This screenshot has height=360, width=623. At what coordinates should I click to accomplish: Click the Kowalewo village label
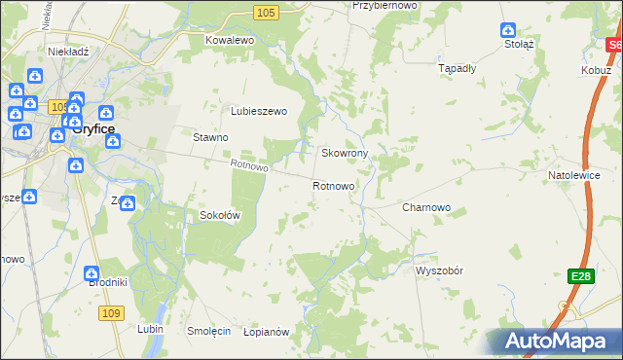[229, 40]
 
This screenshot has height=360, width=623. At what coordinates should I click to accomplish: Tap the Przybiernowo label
[385, 5]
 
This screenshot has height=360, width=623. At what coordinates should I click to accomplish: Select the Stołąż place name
[519, 44]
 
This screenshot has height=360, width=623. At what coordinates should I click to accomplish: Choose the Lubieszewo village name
[258, 111]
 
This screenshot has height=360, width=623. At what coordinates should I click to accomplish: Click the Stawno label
[210, 138]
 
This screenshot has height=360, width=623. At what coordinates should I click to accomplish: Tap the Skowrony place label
[344, 154]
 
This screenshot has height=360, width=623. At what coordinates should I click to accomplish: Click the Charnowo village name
[425, 207]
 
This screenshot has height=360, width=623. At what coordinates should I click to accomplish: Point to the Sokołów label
[219, 215]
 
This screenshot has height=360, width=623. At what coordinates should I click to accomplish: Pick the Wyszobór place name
[443, 270]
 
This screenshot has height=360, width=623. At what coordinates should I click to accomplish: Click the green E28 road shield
[580, 277]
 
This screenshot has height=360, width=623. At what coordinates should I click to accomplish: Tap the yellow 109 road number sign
[111, 312]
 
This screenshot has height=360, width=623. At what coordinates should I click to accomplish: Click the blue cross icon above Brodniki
[92, 275]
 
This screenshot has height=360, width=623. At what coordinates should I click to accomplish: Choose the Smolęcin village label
[208, 331]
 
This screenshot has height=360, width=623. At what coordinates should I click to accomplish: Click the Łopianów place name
[267, 332]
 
